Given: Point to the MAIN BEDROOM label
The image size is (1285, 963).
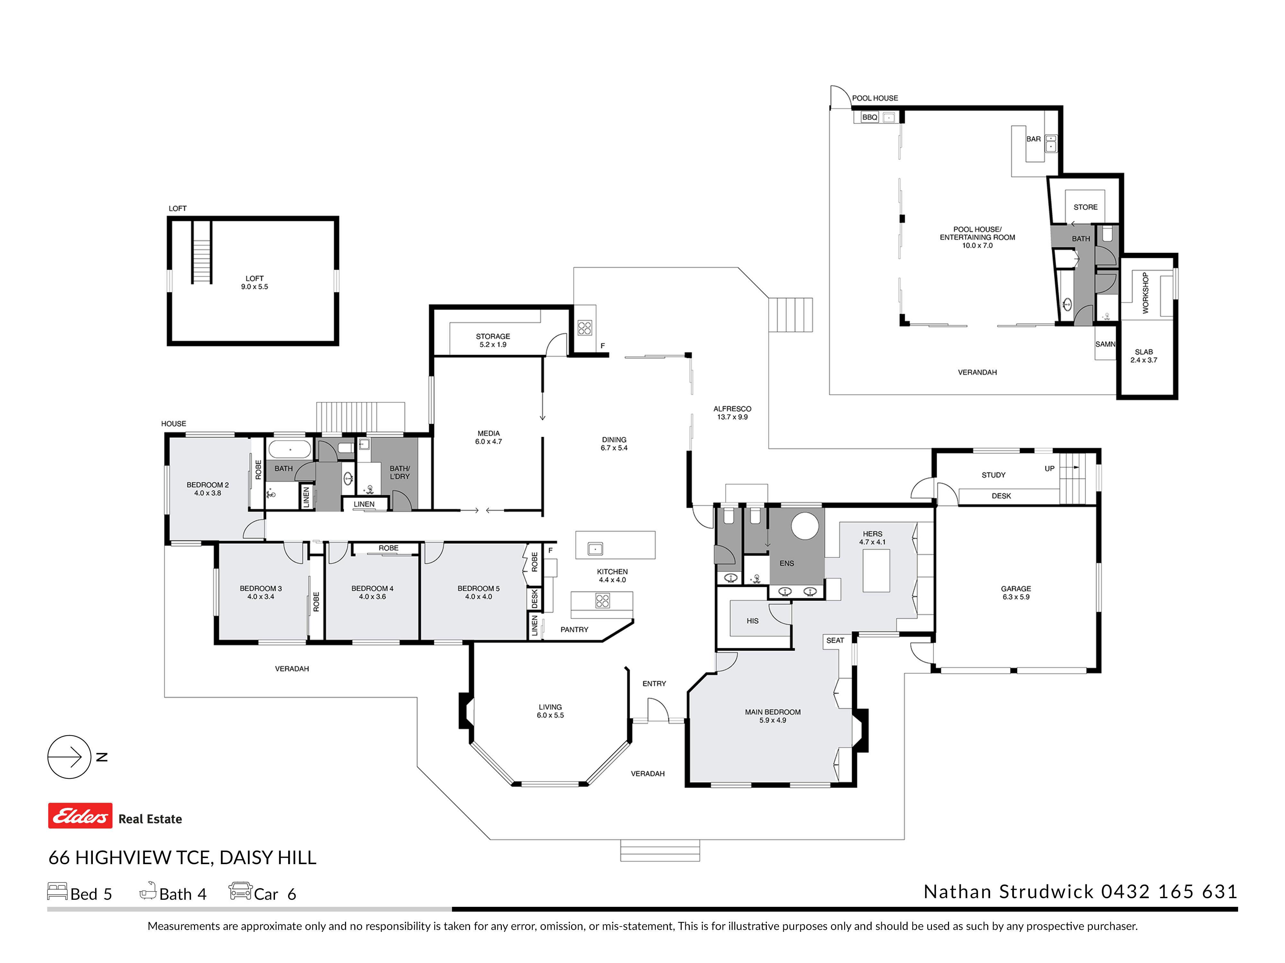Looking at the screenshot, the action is point(773,712).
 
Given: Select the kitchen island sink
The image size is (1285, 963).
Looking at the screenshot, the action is point(595,549).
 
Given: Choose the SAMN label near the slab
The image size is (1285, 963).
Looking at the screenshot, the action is point(1105,344).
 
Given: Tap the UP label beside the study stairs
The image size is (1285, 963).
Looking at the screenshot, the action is point(1049,468).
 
